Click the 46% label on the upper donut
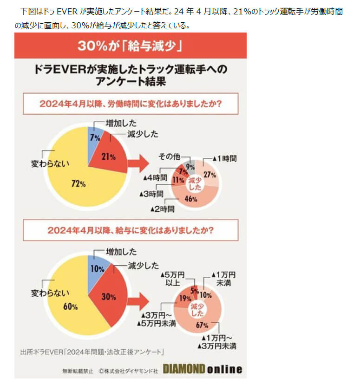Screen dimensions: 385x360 [191, 199]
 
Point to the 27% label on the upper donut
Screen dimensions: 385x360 [210, 175]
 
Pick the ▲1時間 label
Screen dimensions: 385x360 [224, 158]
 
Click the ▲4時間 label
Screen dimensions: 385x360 [155, 178]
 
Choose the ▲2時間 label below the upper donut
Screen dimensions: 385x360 [162, 209]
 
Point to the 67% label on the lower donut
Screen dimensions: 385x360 [202, 325]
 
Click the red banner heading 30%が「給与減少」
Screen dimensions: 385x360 [130, 46]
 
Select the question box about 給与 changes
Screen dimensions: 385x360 [130, 230]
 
